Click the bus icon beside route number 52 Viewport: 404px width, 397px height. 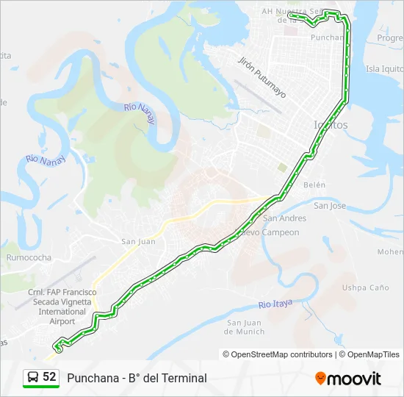coord(33,378)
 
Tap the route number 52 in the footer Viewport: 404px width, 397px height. coord(50,377)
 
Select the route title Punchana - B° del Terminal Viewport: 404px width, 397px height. coord(137,378)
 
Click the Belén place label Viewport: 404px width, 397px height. coord(314,185)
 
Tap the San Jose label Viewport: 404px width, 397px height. coord(330,206)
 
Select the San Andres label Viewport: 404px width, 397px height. coord(285,218)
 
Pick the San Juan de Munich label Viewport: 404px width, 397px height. coord(245,327)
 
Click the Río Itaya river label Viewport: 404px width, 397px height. coord(275,304)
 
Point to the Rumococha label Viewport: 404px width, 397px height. coord(29,258)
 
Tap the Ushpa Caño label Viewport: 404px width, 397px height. coord(365,287)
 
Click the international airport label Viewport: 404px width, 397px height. coord(62,307)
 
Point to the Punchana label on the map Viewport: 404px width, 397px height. coord(327,37)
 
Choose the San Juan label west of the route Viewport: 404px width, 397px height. coord(138,241)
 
